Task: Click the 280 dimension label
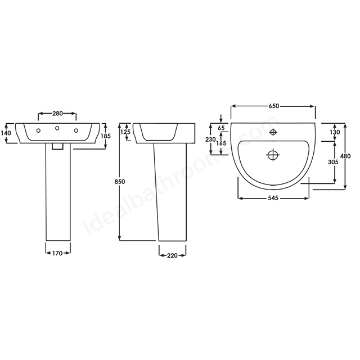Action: coord(57,114)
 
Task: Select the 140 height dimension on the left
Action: coord(7,133)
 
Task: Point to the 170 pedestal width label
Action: coord(57,253)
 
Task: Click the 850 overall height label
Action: coord(119,181)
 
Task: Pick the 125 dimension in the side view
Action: coord(125,132)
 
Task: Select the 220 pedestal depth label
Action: coord(172,255)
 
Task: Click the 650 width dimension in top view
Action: coord(274,106)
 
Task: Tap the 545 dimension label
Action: coord(274,198)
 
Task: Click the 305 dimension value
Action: coord(332,161)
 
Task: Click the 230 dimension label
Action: coord(210,139)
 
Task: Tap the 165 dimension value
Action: coord(221,144)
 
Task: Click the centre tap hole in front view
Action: coord(57,129)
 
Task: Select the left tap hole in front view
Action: coord(38,131)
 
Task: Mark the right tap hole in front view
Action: coord(75,131)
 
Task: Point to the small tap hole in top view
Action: coord(273,133)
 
